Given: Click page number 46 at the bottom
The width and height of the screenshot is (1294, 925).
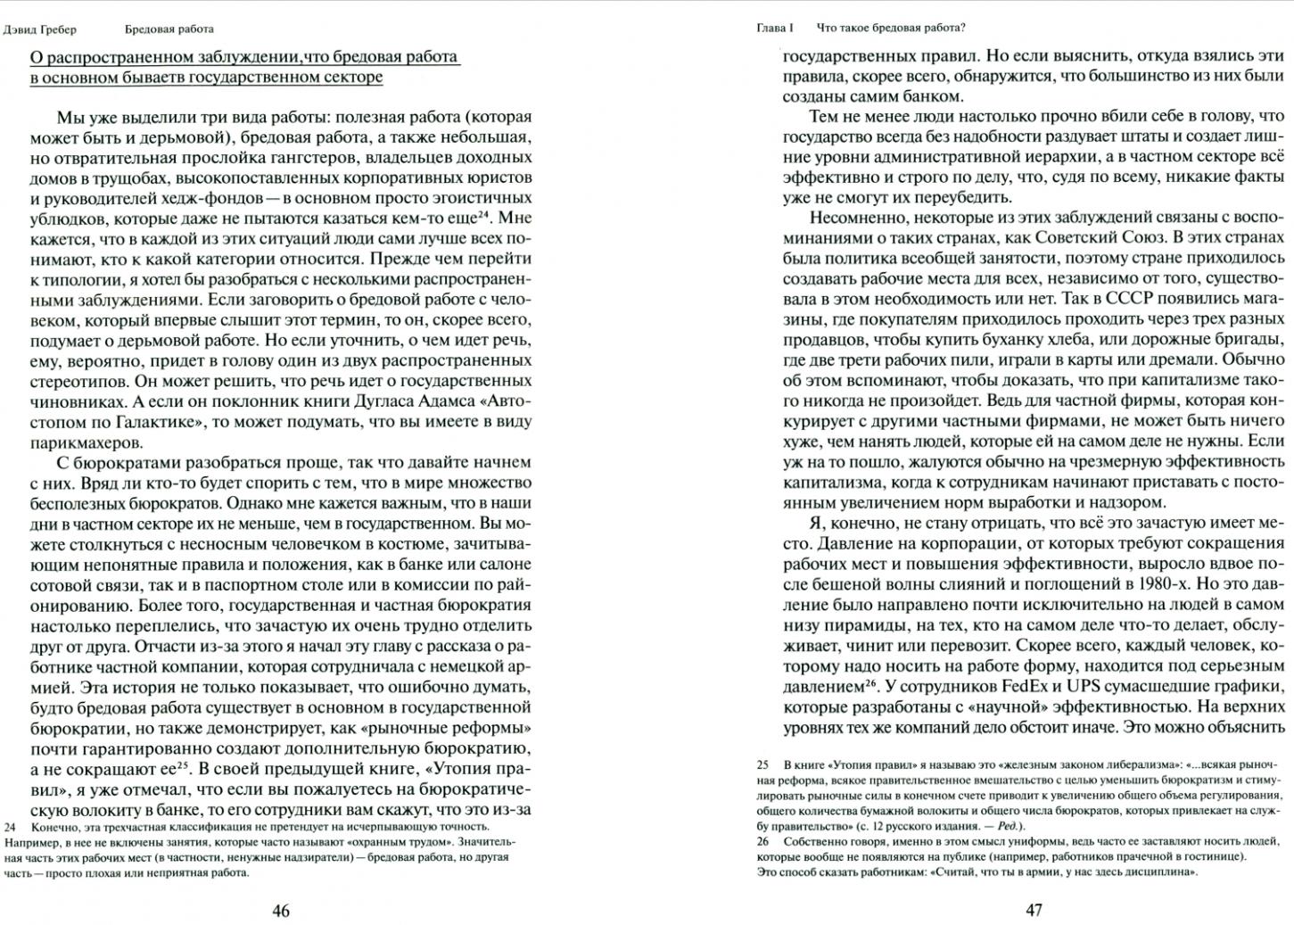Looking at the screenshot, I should coord(281,911).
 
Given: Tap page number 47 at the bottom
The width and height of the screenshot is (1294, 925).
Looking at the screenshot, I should coord(1034,911).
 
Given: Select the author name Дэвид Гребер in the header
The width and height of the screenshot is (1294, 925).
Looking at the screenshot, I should coord(40,29).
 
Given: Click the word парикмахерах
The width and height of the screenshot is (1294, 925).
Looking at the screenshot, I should coord(86,442).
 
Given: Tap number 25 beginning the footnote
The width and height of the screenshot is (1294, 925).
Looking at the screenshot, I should coord(762,765).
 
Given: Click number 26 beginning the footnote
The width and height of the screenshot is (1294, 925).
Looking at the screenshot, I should coord(762,841).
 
